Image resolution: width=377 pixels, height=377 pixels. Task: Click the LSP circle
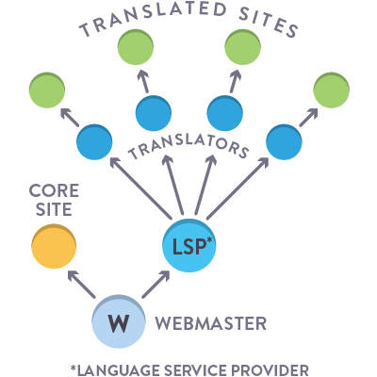point(189,245)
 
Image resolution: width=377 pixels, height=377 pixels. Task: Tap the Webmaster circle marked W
point(119,321)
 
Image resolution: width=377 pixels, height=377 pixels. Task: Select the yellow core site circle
point(54,246)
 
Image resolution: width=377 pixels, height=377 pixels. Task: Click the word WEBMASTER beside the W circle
point(211,323)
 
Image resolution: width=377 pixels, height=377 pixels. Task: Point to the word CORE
point(54,190)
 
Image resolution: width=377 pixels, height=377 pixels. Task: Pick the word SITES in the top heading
point(268,22)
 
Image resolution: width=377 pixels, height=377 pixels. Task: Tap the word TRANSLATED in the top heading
point(153,18)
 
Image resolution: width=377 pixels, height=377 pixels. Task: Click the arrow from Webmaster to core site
point(81,284)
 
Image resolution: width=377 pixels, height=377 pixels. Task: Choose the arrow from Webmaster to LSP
point(156,284)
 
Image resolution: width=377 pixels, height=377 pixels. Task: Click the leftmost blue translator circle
point(94,142)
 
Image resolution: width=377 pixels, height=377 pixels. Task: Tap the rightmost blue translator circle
point(284,142)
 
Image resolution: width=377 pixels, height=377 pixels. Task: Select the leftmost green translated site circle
point(47,90)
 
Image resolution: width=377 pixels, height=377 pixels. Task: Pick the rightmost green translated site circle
point(332,90)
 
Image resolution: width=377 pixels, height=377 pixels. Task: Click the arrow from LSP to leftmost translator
point(140,188)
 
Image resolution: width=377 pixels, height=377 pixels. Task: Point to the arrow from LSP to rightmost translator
point(238,188)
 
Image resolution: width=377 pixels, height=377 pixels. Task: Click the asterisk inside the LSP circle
point(210,240)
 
